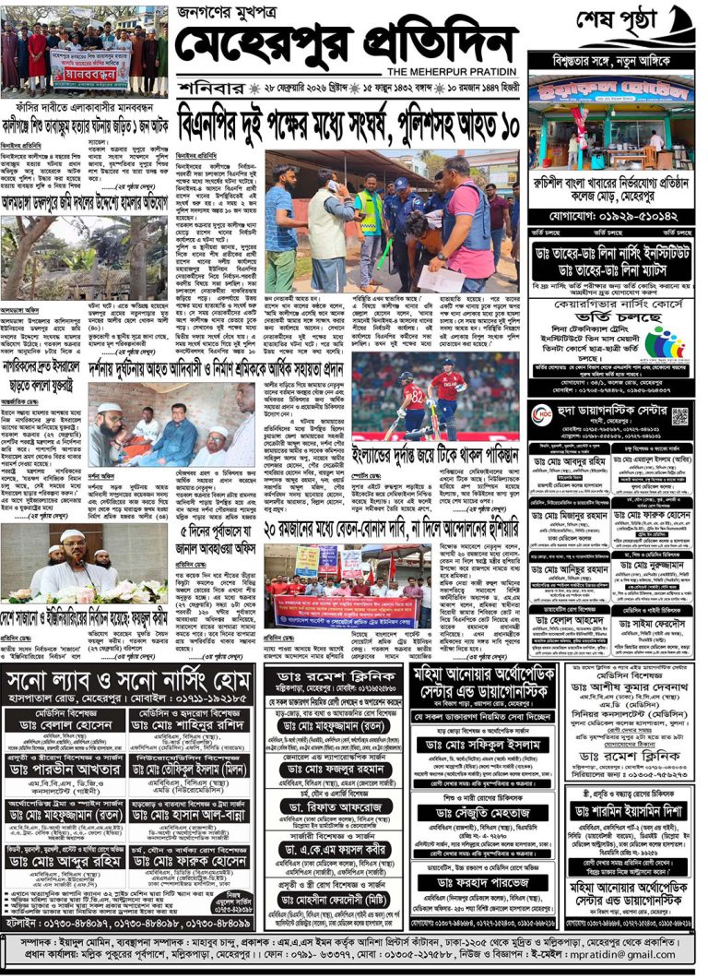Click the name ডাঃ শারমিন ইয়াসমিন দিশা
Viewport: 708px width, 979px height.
[627, 811]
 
